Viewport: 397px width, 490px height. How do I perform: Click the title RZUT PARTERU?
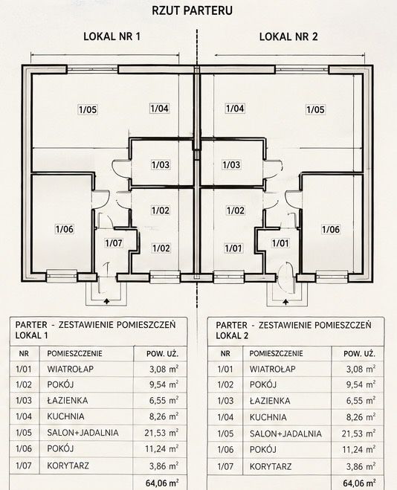(x=192, y=10)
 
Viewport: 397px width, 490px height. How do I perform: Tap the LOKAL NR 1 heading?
(x=112, y=36)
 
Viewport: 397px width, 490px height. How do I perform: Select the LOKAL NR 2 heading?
(x=288, y=36)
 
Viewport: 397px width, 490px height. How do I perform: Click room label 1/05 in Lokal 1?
(x=88, y=110)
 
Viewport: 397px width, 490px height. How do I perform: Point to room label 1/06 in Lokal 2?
(x=331, y=229)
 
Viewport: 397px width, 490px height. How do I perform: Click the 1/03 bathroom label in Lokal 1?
(x=161, y=164)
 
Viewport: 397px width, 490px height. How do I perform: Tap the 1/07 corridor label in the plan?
(x=114, y=243)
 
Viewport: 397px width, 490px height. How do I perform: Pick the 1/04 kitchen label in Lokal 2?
(x=235, y=109)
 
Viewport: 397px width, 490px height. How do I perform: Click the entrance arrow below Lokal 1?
(x=107, y=301)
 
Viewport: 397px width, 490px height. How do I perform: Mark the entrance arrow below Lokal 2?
(x=285, y=302)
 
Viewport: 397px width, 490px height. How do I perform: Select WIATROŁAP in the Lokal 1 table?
(x=71, y=369)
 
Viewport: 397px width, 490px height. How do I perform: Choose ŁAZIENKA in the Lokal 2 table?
(x=270, y=401)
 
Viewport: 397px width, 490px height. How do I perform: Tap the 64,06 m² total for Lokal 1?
(x=162, y=483)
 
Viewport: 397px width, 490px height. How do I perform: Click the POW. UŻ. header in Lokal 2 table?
(x=359, y=354)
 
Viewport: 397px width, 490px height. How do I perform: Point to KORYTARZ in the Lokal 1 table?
(x=68, y=465)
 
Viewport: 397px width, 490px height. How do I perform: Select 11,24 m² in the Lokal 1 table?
(x=162, y=449)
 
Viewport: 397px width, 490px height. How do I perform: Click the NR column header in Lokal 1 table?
(x=24, y=354)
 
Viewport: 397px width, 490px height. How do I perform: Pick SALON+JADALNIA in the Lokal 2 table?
(x=285, y=433)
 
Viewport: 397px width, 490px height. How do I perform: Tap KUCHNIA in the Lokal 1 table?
(x=65, y=416)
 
